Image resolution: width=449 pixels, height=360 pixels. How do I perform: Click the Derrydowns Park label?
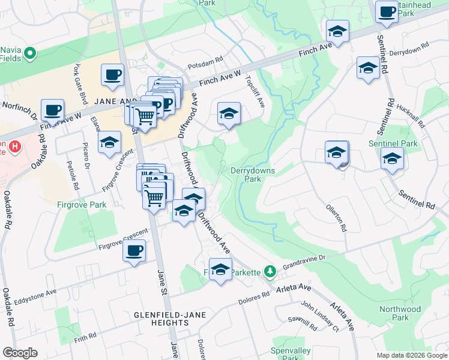click(253, 175)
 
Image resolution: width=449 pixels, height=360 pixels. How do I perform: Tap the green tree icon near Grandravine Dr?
click(271, 272)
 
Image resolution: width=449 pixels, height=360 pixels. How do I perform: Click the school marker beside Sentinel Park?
click(392, 159)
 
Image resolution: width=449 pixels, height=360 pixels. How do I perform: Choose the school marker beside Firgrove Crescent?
click(109, 143)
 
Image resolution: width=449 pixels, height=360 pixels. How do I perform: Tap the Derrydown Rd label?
click(409, 49)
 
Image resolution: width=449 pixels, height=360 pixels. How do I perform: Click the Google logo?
click(20, 353)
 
